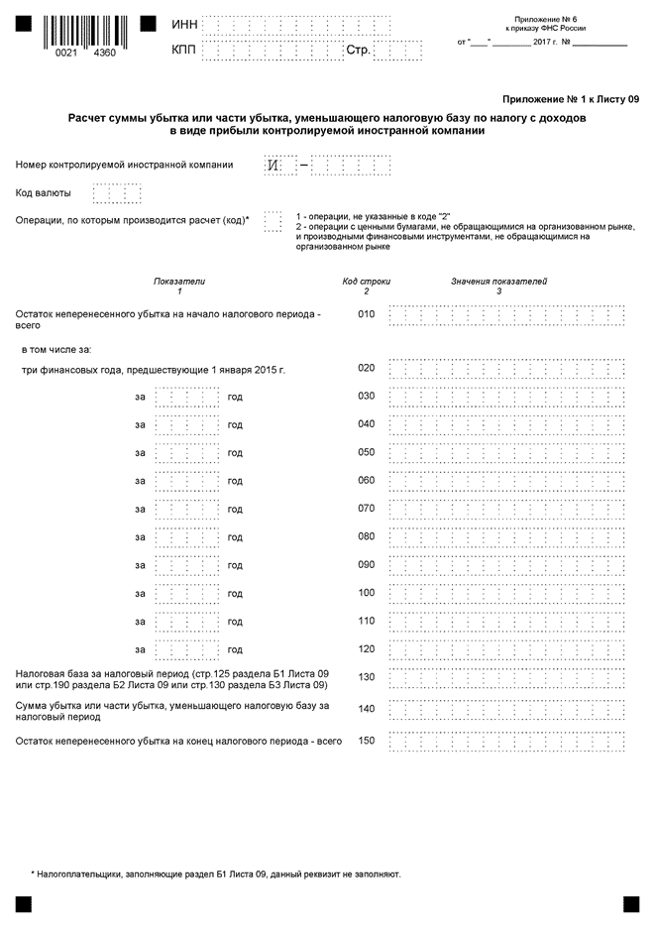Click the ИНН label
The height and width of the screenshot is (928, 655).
tap(184, 24)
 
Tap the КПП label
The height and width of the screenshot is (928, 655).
tap(184, 50)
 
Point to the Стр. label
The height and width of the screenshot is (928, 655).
tap(358, 50)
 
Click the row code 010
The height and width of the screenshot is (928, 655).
tap(367, 315)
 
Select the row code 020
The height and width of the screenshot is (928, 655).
tap(367, 368)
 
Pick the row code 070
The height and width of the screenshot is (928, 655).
tap(367, 509)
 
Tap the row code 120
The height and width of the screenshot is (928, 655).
tap(367, 649)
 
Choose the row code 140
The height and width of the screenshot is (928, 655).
tap(367, 710)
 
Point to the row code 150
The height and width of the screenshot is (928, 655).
tap(367, 741)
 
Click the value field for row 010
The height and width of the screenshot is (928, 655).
tap(507, 315)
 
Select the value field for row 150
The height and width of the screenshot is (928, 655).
tap(507, 741)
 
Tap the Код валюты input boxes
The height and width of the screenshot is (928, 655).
tap(123, 193)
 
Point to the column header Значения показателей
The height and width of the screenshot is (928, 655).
tap(498, 282)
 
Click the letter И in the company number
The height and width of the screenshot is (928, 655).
tap(273, 165)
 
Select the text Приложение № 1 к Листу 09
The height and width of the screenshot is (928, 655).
tap(571, 100)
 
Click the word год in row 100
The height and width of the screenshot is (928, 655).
tap(235, 593)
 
